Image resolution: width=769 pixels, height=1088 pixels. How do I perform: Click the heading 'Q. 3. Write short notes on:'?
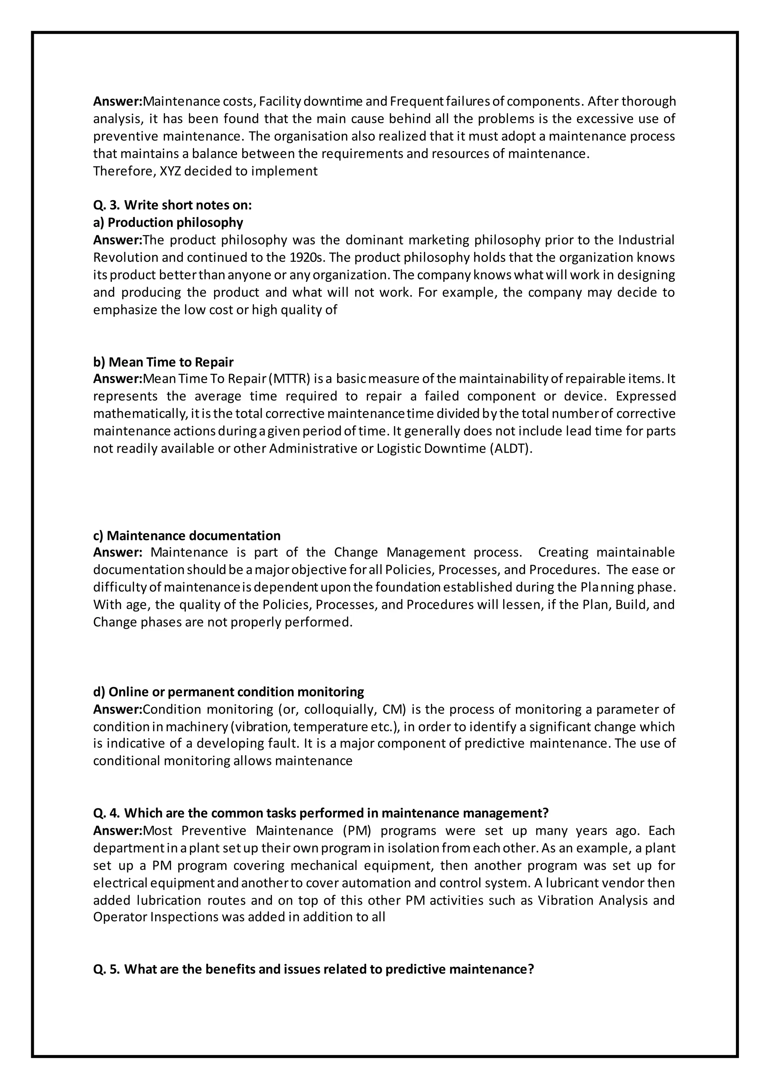coord(172,205)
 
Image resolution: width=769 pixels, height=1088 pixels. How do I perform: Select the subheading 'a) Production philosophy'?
coord(168,222)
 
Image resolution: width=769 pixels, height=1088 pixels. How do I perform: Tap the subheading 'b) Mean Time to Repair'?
coord(163,362)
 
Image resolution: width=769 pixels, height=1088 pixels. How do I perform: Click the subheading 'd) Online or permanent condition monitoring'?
coord(228,692)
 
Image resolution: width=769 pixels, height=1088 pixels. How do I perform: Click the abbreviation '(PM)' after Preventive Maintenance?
coord(359,831)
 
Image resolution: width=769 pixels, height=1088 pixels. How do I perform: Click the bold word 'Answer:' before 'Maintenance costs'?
coord(118,101)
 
